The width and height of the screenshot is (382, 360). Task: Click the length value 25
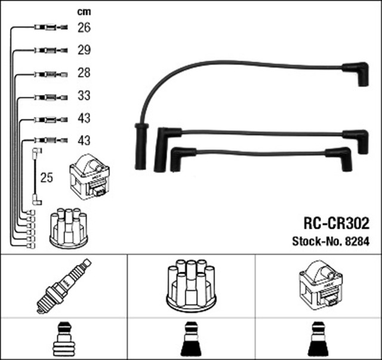[x=47, y=177]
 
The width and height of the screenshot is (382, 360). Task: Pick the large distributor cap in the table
[x=190, y=285]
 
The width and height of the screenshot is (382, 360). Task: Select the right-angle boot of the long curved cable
[x=356, y=73]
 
